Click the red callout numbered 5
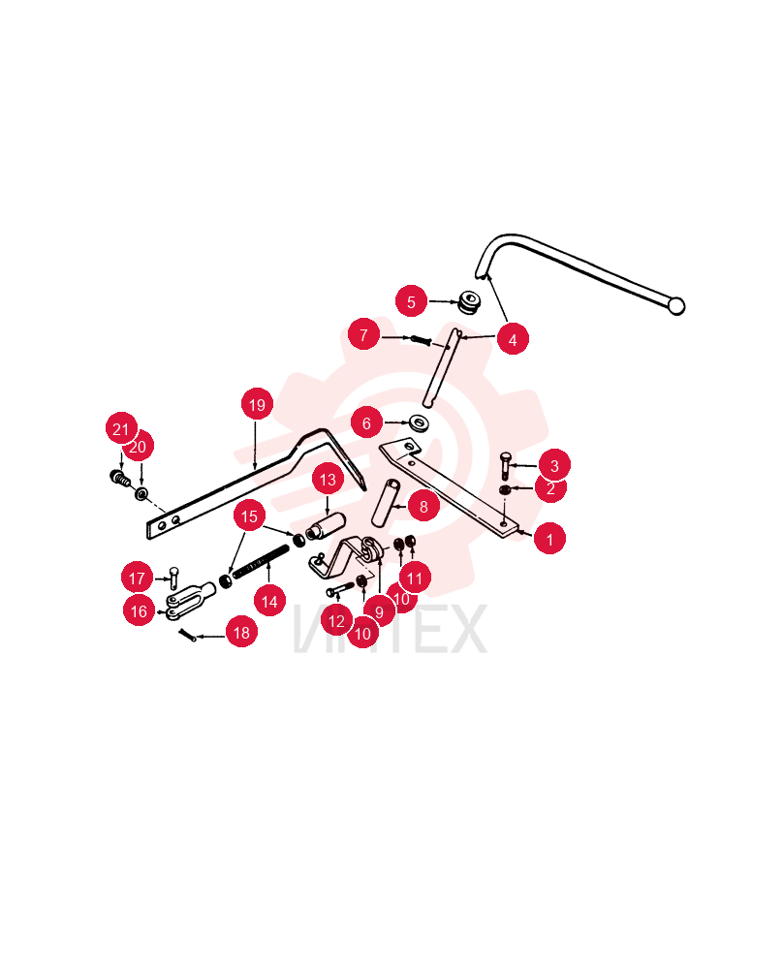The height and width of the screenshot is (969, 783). (411, 301)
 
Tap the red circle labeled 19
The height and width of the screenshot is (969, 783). (257, 404)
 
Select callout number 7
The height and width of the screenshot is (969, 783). (363, 334)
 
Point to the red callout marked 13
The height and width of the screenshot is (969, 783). (328, 479)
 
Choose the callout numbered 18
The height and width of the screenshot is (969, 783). (241, 632)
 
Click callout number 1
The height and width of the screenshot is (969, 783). (549, 539)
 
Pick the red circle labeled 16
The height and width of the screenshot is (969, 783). (139, 610)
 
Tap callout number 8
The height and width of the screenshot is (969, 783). (423, 506)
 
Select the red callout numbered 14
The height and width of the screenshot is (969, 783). (269, 601)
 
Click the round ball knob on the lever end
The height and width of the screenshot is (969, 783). (676, 306)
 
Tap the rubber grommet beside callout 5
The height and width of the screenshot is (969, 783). (470, 301)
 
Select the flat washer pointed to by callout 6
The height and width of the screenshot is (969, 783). (421, 424)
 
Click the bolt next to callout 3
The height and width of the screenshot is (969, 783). (506, 465)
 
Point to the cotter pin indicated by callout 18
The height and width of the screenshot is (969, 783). (187, 635)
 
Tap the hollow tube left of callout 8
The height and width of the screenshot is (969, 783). (387, 503)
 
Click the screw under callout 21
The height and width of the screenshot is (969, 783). (120, 478)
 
